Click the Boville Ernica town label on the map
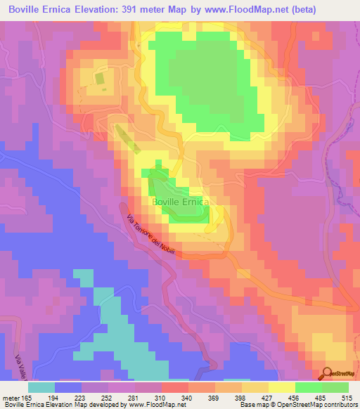pos(180,202)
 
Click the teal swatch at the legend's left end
pos(41,387)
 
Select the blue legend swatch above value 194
pos(68,387)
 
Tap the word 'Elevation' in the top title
pos(86,9)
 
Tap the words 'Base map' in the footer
pos(255,405)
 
